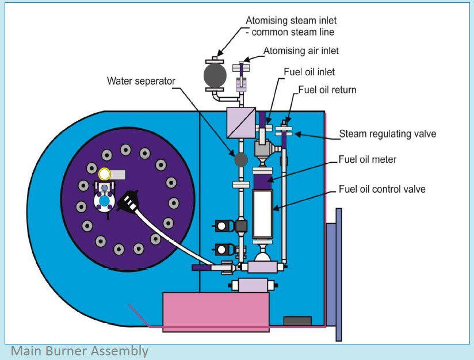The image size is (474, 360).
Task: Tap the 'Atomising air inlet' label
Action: pyautogui.click(x=301, y=51)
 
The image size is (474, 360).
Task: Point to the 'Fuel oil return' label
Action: pyautogui.click(x=327, y=90)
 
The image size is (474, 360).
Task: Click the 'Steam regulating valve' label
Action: pyautogui.click(x=387, y=134)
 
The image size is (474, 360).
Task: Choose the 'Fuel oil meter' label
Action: pyautogui.click(x=368, y=159)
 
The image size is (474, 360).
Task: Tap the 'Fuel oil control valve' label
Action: pyautogui.click(x=382, y=189)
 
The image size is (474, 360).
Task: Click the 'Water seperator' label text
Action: pyautogui.click(x=141, y=81)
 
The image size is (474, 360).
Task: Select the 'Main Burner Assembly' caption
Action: pyautogui.click(x=79, y=351)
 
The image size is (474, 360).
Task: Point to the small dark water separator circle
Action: pyautogui.click(x=240, y=158)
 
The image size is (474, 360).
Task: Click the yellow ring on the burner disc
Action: pyautogui.click(x=105, y=173)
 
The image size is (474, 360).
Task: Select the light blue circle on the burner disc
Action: pyautogui.click(x=104, y=202)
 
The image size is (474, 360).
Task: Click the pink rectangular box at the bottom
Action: pyautogui.click(x=216, y=311)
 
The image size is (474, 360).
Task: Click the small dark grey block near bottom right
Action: pyautogui.click(x=297, y=320)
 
